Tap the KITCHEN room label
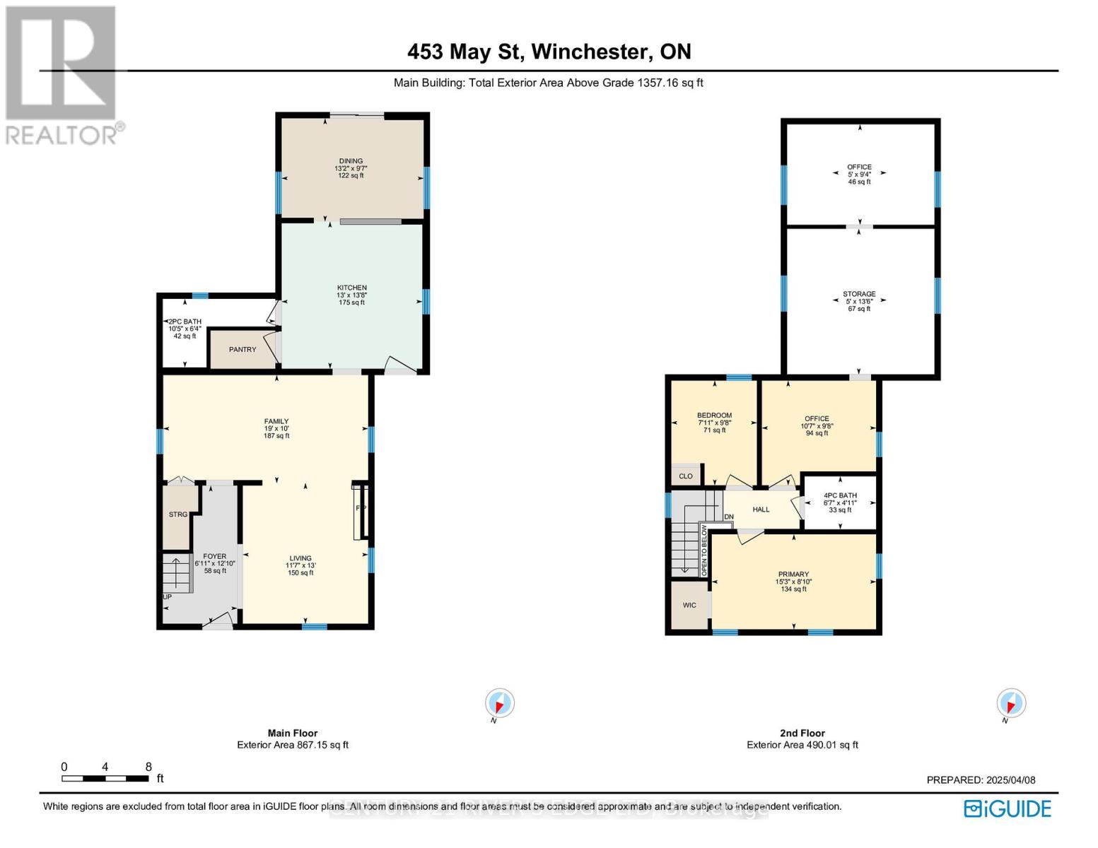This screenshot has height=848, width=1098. click(x=351, y=288)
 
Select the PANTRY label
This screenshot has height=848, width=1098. click(x=243, y=350)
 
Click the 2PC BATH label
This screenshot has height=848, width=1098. click(x=185, y=322)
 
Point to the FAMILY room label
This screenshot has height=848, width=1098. click(x=276, y=422)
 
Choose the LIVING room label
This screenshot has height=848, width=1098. click(x=300, y=558)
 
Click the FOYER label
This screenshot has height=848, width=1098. click(x=215, y=557)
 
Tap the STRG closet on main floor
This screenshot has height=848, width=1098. click(x=178, y=514)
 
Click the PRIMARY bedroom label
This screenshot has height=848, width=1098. click(x=793, y=575)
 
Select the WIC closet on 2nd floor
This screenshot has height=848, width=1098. click(x=689, y=605)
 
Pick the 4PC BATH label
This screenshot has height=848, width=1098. click(x=840, y=496)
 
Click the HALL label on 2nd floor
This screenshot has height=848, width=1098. click(x=761, y=510)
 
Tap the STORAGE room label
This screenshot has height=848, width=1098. click(x=859, y=294)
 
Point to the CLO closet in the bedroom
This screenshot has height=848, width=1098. click(x=686, y=476)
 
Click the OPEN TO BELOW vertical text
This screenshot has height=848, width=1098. click(x=704, y=550)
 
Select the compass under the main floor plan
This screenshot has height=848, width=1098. click(x=500, y=704)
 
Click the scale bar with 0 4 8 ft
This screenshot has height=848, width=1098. click(x=105, y=778)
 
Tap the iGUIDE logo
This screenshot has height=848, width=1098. click(x=1008, y=808)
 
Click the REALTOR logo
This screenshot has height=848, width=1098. click(x=62, y=74)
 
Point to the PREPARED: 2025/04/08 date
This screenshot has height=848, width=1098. click(x=981, y=780)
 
